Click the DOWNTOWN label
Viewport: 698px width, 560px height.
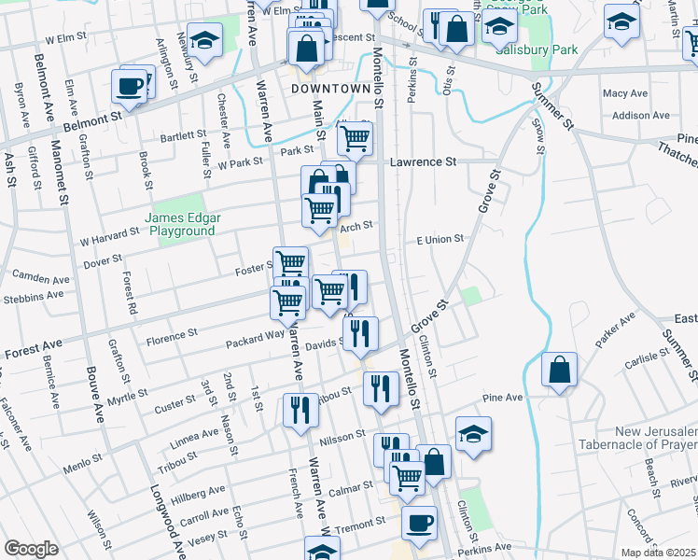330,89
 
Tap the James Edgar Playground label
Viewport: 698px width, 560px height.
183,223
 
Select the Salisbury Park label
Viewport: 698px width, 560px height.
537,49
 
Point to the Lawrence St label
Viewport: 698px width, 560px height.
423,161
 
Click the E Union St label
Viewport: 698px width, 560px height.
440,240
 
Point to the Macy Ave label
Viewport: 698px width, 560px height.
625,93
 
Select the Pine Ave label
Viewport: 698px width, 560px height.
502,398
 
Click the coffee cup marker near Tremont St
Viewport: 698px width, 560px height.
419,522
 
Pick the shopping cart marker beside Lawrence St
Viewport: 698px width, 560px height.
355,138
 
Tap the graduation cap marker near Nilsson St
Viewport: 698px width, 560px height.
474,432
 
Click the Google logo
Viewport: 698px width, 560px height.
31,549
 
